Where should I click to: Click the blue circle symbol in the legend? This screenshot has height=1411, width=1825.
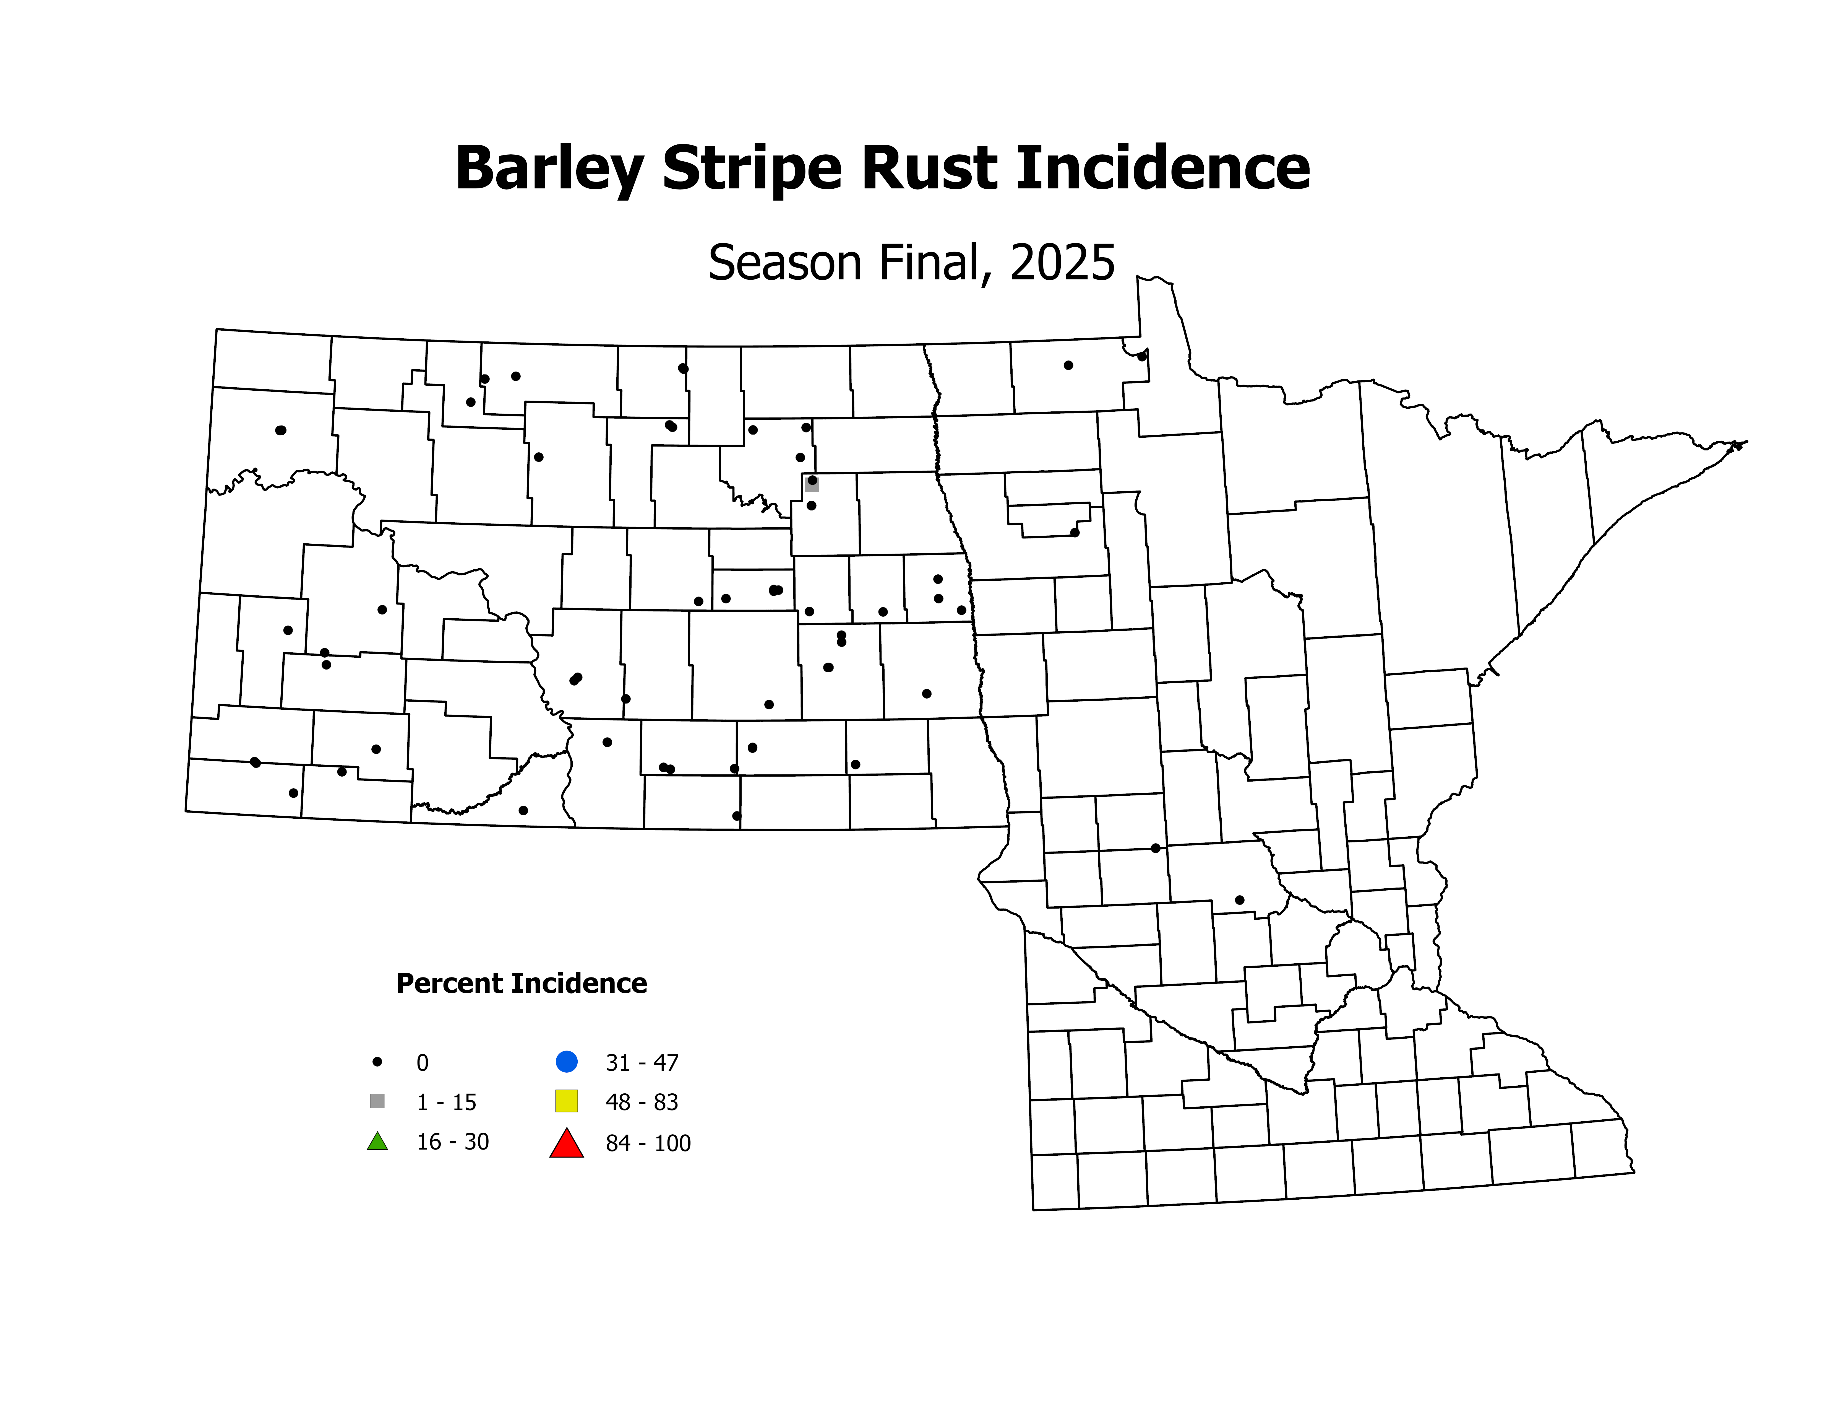coord(567,1062)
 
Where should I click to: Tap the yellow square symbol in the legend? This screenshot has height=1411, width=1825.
coord(567,1101)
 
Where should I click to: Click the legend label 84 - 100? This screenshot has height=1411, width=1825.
coord(648,1143)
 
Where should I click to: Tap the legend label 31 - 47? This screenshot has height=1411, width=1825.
coord(642,1063)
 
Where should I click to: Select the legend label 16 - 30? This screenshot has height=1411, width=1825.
coord(453,1142)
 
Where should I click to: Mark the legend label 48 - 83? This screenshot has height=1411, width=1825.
coord(642,1103)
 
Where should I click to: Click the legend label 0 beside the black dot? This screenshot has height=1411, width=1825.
coord(423,1063)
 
